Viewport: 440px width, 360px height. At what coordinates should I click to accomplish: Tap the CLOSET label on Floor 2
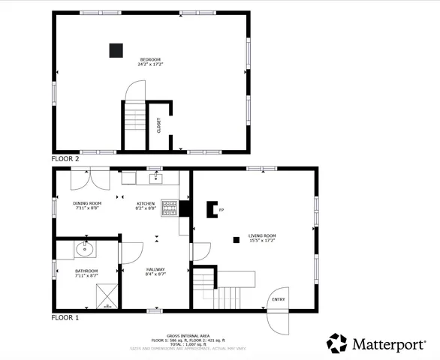pos(158,125)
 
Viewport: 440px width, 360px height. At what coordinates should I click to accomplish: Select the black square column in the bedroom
pos(116,50)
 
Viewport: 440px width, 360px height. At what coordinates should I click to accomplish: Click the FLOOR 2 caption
pos(65,159)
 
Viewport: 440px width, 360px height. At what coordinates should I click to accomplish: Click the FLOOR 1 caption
pos(65,318)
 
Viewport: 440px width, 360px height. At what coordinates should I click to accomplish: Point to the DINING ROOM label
pos(87,203)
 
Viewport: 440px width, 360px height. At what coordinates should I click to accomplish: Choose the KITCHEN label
pos(146,203)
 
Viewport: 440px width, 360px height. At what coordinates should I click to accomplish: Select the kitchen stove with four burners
pos(170,208)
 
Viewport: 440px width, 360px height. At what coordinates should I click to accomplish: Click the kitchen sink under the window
pos(156,178)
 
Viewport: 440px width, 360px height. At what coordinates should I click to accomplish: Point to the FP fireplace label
pos(222,210)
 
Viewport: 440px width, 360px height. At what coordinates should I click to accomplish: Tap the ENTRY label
pos(279,299)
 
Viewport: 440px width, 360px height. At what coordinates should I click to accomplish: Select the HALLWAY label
pos(155,269)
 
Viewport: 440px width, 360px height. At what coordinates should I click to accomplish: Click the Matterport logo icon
pos(337,343)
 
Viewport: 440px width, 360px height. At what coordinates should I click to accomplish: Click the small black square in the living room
pos(236,239)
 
